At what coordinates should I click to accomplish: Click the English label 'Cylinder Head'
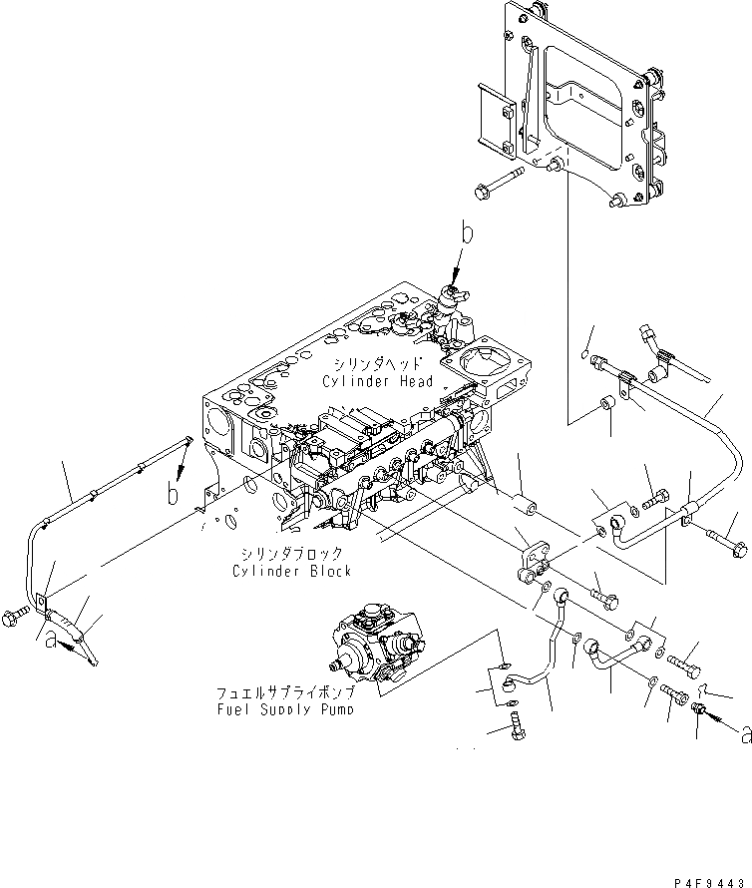(377, 381)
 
